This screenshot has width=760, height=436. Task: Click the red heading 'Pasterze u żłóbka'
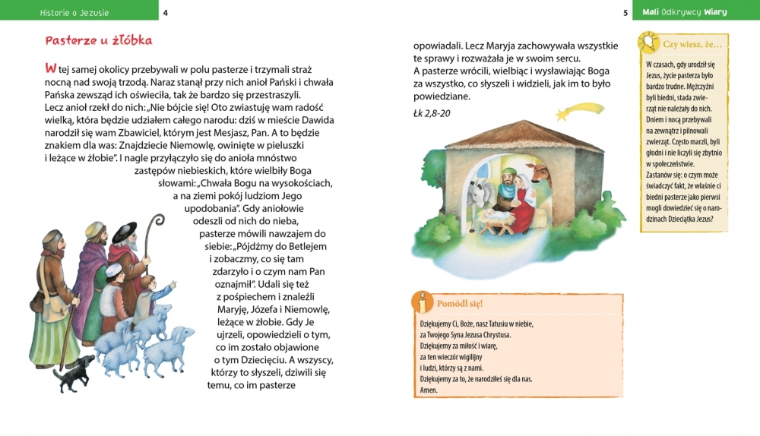coord(99,40)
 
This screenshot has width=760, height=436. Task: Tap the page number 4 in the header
coord(166,12)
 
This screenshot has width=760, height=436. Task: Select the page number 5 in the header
coord(625,12)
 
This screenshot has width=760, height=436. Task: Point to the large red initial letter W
coord(51,69)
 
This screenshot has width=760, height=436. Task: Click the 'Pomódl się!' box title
coord(460,304)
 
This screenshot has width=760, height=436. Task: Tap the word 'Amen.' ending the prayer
coord(429,390)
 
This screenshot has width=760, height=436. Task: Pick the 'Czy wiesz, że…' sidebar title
coord(692,45)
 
